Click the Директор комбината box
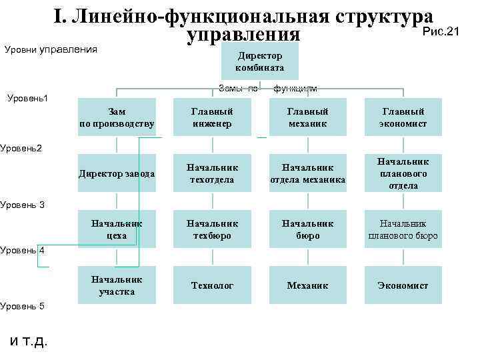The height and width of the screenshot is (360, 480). pyautogui.click(x=259, y=62)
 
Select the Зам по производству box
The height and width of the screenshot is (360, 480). pyautogui.click(x=117, y=117)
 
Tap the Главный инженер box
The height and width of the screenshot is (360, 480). pyautogui.click(x=212, y=117)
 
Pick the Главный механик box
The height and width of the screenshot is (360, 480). pyautogui.click(x=307, y=117)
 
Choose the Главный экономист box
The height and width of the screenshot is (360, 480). pyautogui.click(x=403, y=117)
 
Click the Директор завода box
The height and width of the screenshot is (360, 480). pyautogui.click(x=117, y=174)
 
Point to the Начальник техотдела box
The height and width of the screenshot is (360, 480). pyautogui.click(x=212, y=173)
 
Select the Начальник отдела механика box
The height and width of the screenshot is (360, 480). pyautogui.click(x=307, y=173)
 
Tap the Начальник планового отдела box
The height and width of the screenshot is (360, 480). pyautogui.click(x=403, y=173)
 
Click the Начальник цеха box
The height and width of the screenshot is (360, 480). pyautogui.click(x=117, y=229)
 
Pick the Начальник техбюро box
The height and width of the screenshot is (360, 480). pyautogui.click(x=212, y=229)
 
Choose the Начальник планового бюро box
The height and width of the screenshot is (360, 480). pyautogui.click(x=403, y=229)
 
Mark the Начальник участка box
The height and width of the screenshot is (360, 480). pyautogui.click(x=117, y=285)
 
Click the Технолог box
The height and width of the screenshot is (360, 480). pyautogui.click(x=212, y=285)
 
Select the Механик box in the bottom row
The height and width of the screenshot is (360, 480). pyautogui.click(x=307, y=285)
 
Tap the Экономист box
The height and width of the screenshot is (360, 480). pyautogui.click(x=403, y=285)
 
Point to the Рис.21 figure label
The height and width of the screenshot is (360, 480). pyautogui.click(x=443, y=31)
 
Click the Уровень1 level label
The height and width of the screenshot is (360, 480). pyautogui.click(x=28, y=99)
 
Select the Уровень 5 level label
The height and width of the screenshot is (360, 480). pyautogui.click(x=22, y=306)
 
